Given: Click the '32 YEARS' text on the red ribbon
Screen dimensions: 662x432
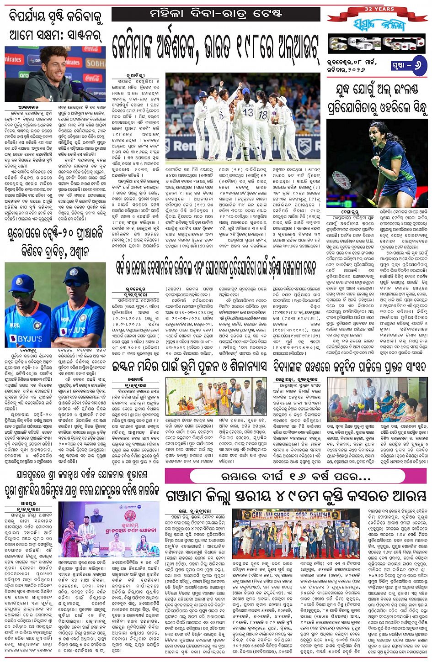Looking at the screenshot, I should click(x=379, y=9).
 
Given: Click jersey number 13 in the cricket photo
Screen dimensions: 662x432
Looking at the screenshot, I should click(x=248, y=112).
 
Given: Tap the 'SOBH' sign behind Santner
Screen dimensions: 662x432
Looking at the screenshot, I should click(x=95, y=63).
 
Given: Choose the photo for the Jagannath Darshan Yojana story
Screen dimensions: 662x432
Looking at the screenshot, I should click(x=109, y=529).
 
